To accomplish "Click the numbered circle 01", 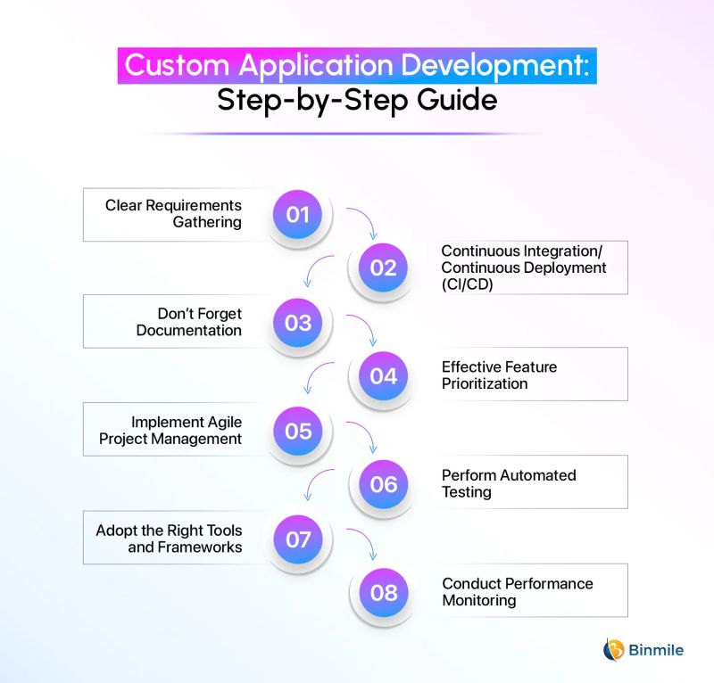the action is [297, 215].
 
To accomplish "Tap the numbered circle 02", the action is [383, 267].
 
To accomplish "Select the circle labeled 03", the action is [297, 323].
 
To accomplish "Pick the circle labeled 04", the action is [383, 375].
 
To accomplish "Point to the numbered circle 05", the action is [297, 431].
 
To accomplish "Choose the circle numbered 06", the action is [383, 483].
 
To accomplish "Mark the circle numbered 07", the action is [297, 539].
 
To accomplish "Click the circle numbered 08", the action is [383, 591].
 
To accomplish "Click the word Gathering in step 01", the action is [207, 223].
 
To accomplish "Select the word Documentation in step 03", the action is [189, 331].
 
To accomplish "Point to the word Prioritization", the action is [485, 384].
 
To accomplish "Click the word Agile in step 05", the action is [219, 422].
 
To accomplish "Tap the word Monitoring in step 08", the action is [479, 601].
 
